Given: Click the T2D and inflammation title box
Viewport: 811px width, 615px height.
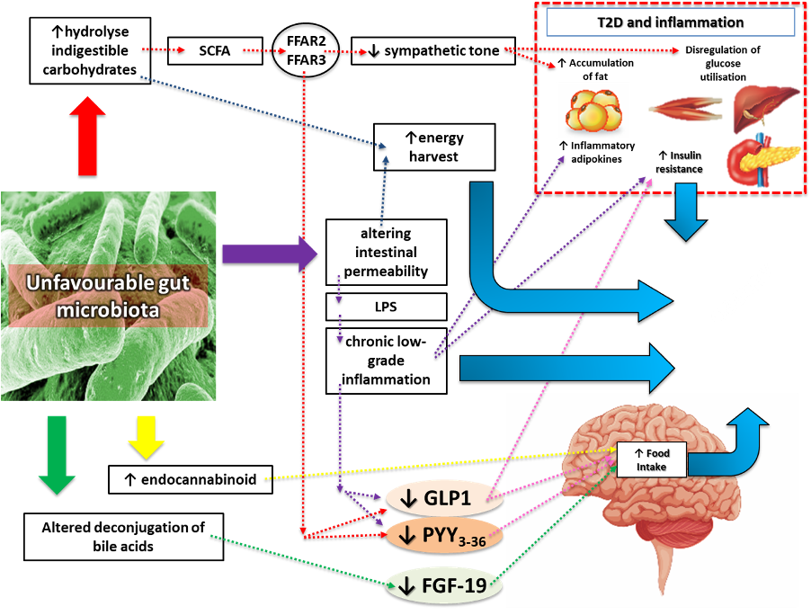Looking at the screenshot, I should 670,22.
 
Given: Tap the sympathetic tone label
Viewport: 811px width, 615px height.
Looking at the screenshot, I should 433,50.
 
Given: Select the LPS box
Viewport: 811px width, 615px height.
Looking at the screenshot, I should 386,307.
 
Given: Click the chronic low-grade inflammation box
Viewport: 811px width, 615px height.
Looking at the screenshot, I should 386,360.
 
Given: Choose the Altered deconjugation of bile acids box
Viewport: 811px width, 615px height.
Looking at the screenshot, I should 122,536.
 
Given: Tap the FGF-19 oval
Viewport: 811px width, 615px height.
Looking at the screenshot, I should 442,587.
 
